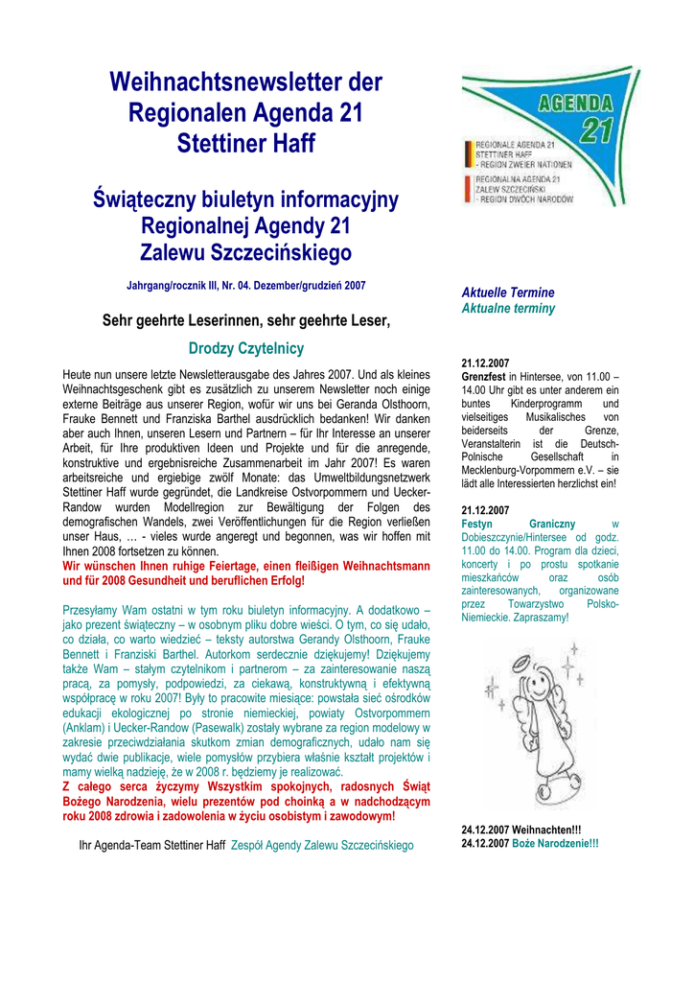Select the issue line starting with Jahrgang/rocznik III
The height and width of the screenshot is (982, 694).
(246, 286)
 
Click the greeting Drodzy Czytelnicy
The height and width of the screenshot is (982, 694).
(246, 348)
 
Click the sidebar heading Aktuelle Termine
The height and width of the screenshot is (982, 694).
(508, 292)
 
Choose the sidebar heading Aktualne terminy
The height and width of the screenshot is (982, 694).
(508, 309)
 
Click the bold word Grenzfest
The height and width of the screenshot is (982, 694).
(484, 378)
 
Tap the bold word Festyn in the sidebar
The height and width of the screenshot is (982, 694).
(477, 525)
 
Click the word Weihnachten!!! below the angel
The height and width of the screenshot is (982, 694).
(547, 830)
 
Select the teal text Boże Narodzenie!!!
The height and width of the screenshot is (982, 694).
(556, 843)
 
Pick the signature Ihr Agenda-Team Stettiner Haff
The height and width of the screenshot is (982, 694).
(151, 846)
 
